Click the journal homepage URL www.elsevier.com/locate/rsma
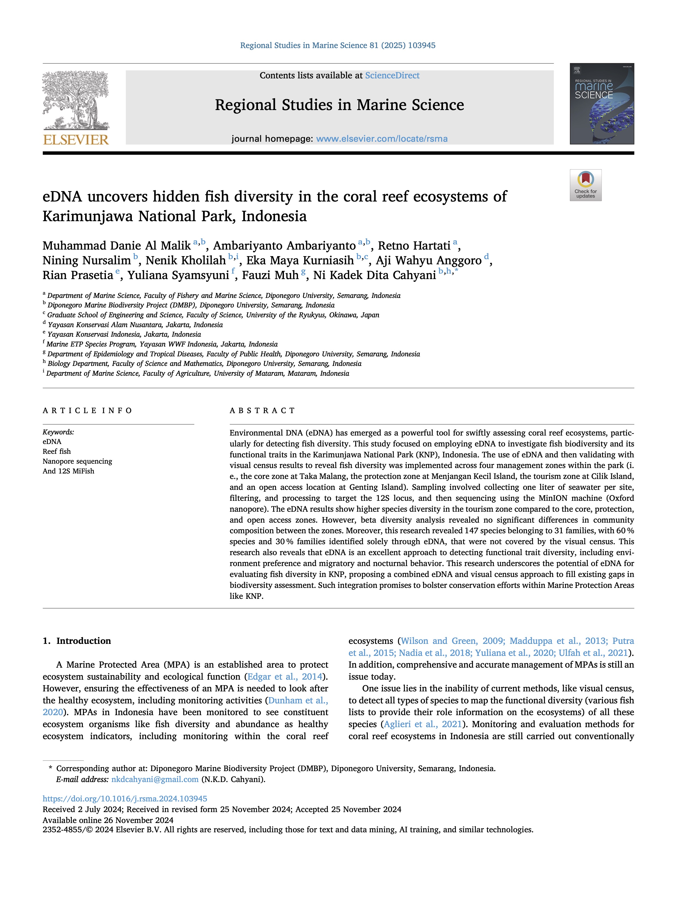[382, 139]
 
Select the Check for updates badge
[585, 185]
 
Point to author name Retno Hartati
[414, 246]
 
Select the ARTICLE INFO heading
[87, 410]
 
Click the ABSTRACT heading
[262, 410]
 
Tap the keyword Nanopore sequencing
[77, 461]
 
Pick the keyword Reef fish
[57, 452]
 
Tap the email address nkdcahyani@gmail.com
[155, 779]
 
